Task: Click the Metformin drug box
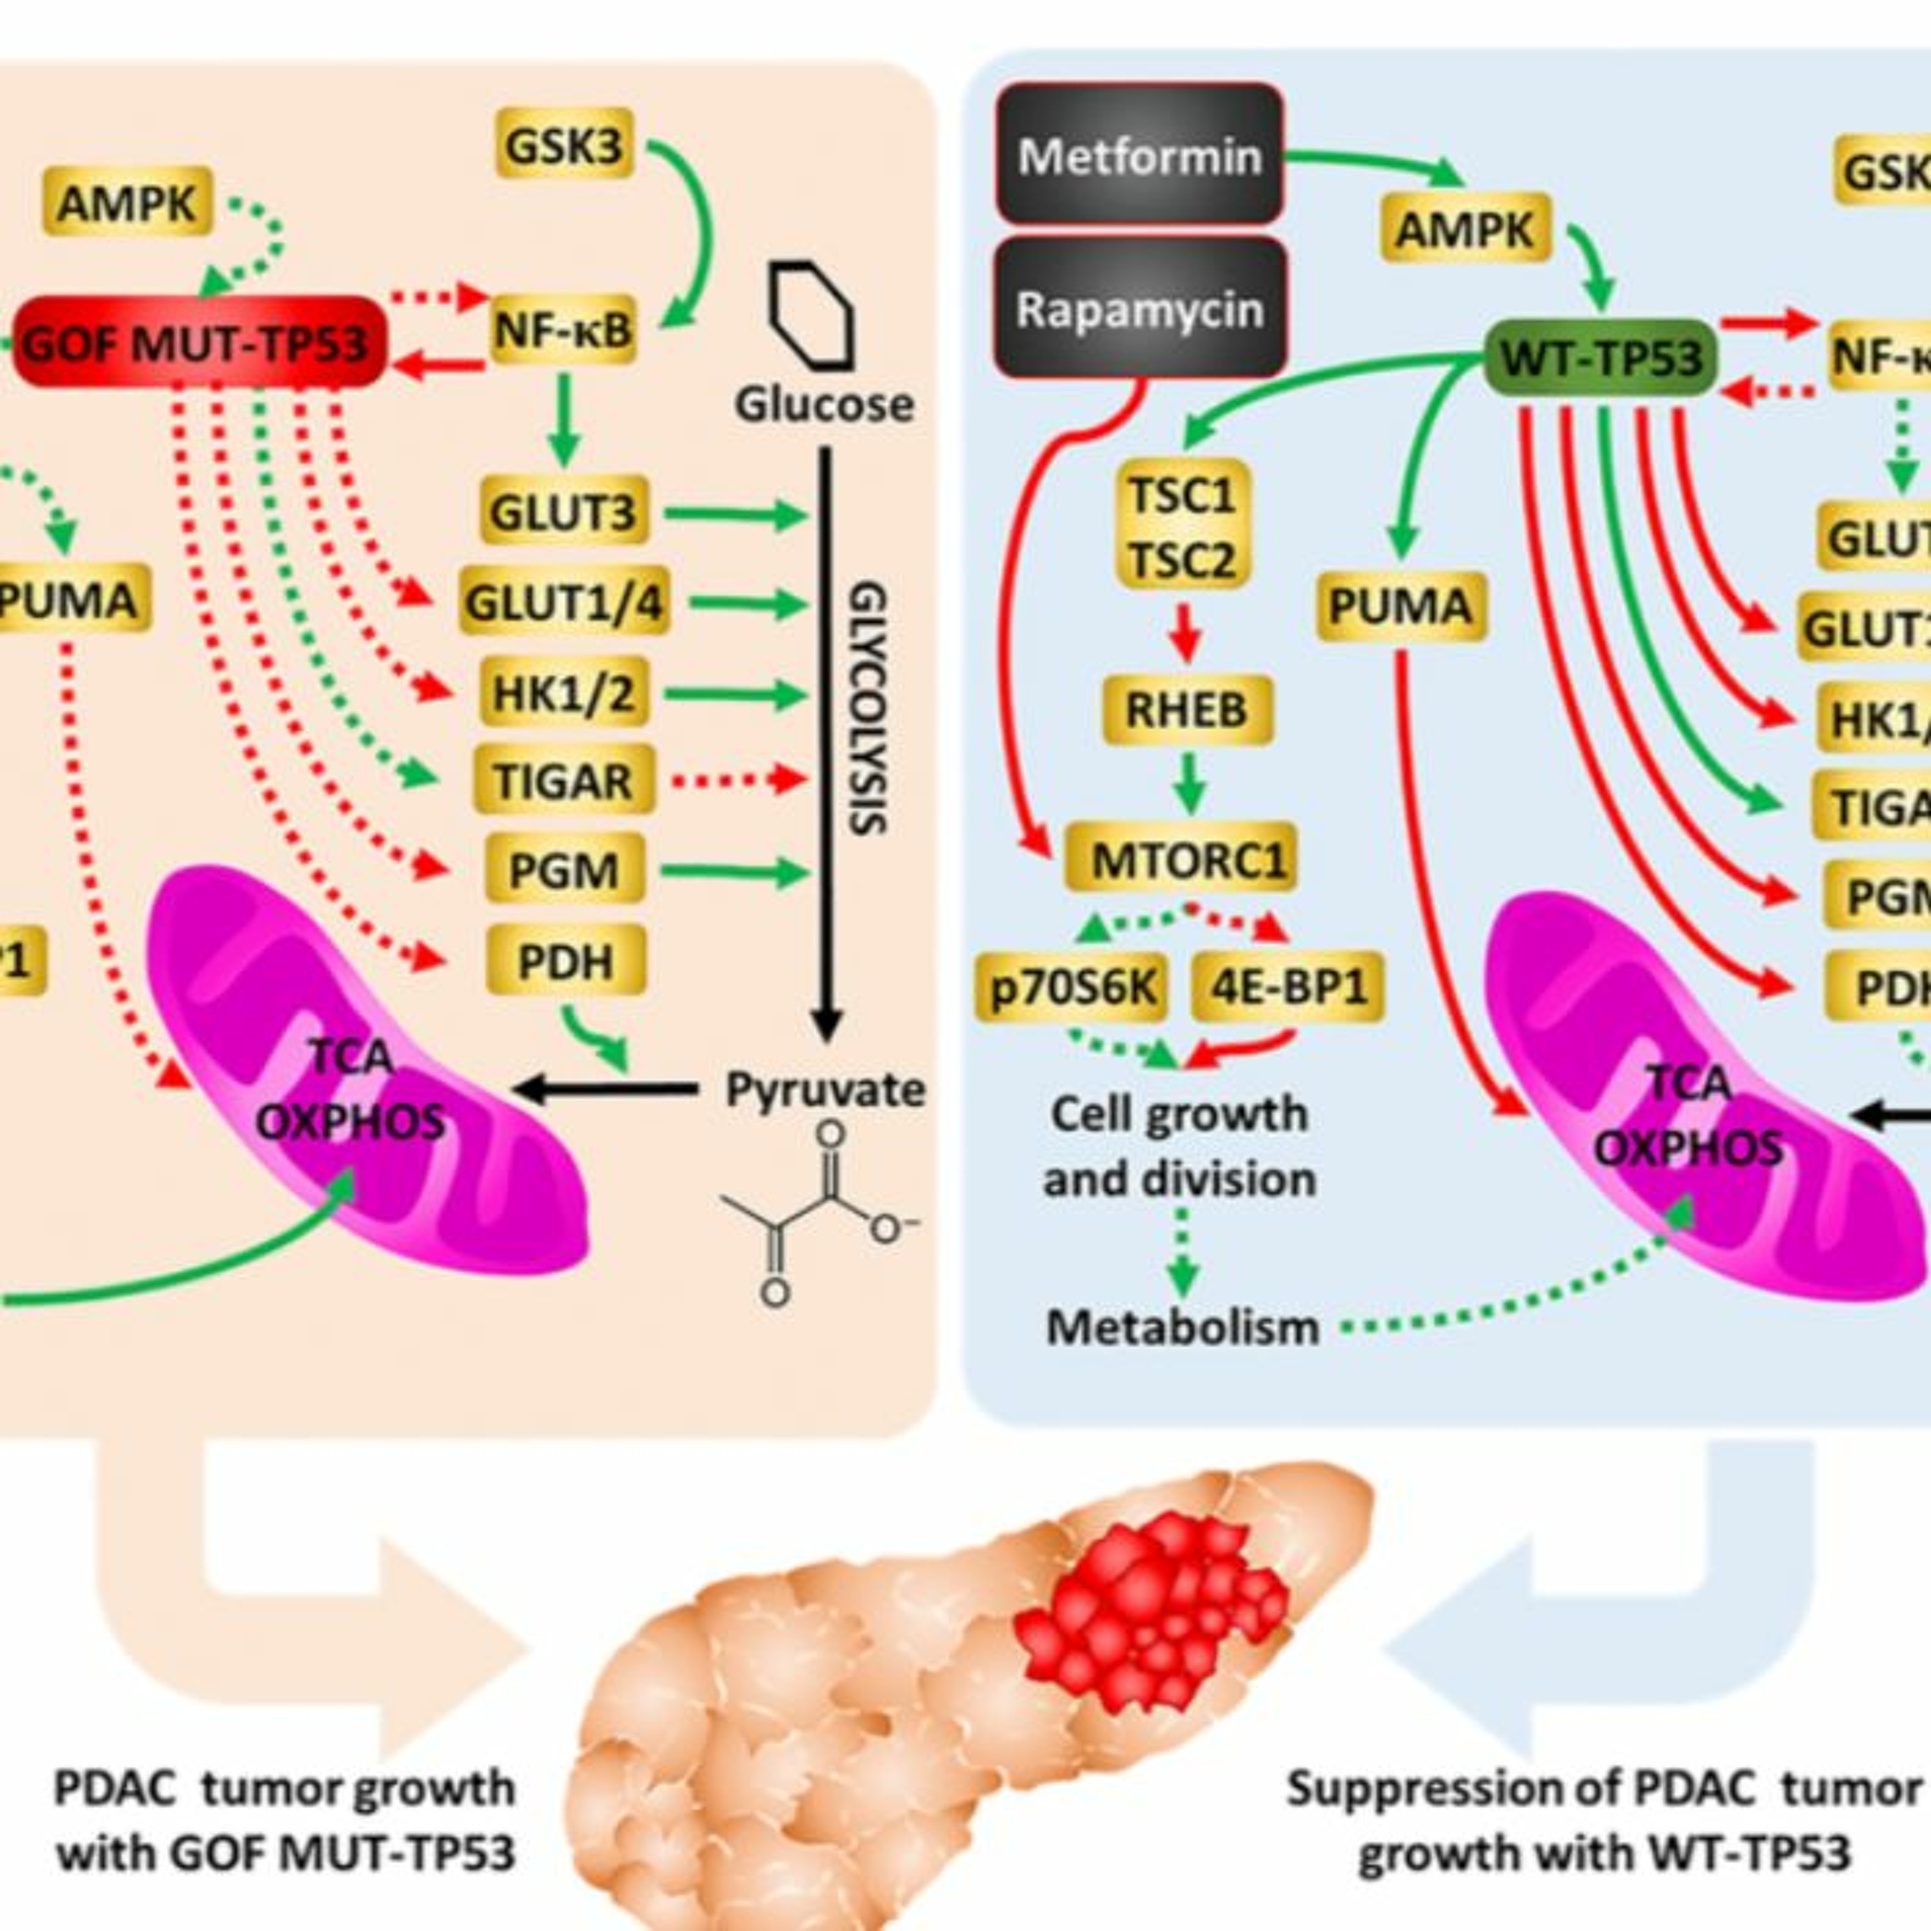click(1139, 155)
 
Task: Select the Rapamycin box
click(1139, 309)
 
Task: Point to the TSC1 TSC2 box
click(1182, 526)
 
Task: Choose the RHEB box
click(1186, 709)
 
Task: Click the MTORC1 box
click(1181, 857)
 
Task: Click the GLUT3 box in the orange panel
click(563, 512)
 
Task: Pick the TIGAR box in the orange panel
click(563, 779)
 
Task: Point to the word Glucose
click(824, 405)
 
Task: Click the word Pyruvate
click(825, 1090)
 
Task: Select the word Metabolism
click(1182, 1327)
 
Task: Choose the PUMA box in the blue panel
click(1399, 606)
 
